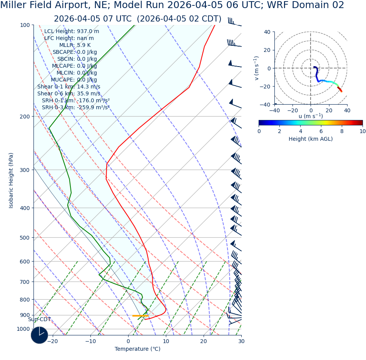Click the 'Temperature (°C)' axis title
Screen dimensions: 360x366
pyautogui.click(x=137, y=349)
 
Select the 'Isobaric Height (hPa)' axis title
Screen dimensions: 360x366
pyautogui.click(x=11, y=180)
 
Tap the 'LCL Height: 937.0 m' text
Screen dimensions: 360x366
pyautogui.click(x=72, y=31)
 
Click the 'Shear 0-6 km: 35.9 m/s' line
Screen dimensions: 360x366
pyautogui.click(x=69, y=93)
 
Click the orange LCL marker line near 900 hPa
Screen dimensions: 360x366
pyautogui.click(x=140, y=316)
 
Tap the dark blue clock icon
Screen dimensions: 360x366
pyautogui.click(x=39, y=335)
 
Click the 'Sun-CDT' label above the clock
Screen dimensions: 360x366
pyautogui.click(x=39, y=319)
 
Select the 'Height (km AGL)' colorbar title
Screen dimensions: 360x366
pyautogui.click(x=311, y=139)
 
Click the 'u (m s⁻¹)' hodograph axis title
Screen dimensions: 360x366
pyautogui.click(x=311, y=116)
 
